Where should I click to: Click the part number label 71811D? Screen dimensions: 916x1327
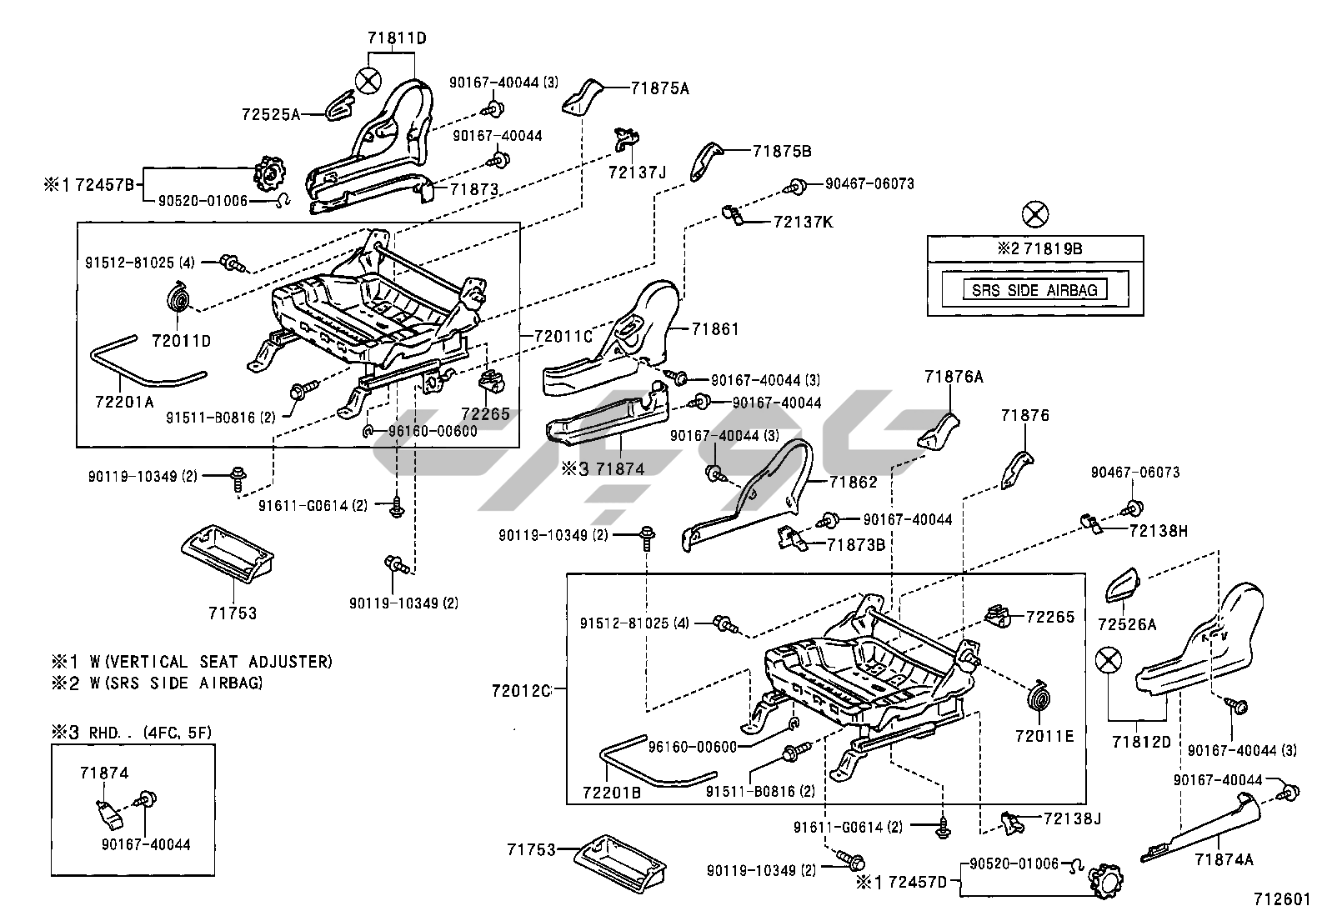pyautogui.click(x=397, y=38)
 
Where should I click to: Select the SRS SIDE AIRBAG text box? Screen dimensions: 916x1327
pyautogui.click(x=1035, y=290)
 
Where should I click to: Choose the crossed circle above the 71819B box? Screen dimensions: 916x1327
pyautogui.click(x=1034, y=214)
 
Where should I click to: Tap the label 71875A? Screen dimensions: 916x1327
pyautogui.click(x=661, y=88)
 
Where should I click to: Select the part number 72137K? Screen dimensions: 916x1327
pyautogui.click(x=803, y=223)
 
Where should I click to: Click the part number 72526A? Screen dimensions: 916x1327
pyautogui.click(x=1126, y=624)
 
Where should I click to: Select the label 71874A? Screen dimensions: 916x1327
pyautogui.click(x=1224, y=859)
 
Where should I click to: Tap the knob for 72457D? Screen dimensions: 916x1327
pyautogui.click(x=1102, y=880)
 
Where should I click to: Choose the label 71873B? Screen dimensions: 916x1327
pyautogui.click(x=856, y=545)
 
